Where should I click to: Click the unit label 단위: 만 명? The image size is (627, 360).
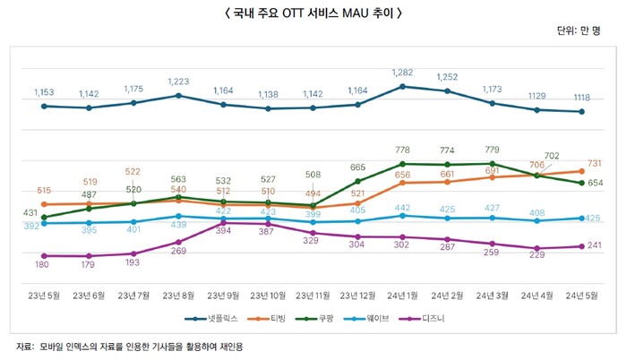coord(583,31)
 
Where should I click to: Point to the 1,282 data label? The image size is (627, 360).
coord(403,71)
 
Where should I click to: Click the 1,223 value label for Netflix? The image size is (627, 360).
coord(178,81)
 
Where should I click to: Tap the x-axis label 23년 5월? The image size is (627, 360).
coord(44,295)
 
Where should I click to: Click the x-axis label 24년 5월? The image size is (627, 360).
coord(581,295)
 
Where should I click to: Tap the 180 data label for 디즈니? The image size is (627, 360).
coord(44,265)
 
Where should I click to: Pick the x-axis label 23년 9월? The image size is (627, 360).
coord(223,295)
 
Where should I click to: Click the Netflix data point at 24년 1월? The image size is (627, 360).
coord(402,86)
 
